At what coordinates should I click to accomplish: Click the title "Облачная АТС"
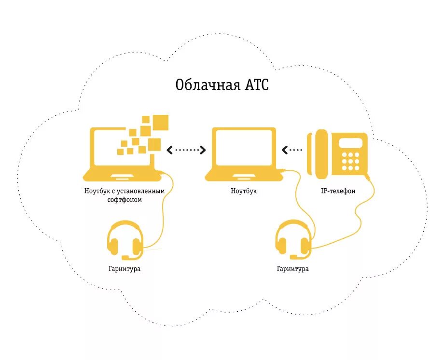pos(222,85)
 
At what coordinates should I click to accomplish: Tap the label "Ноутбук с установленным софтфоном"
pos(125,195)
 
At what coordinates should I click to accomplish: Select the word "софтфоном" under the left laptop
pos(125,199)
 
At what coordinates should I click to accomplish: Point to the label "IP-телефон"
pos(338,191)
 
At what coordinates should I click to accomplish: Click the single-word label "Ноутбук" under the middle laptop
pos(244,191)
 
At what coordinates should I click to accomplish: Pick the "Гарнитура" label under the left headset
pos(125,269)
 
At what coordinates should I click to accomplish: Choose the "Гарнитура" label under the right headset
pos(292,269)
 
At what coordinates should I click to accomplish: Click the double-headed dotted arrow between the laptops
pos(187,150)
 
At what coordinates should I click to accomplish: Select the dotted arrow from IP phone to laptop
pos(293,150)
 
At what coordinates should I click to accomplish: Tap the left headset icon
pos(125,240)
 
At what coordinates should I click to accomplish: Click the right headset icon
pos(293,240)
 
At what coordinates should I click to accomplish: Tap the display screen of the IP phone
pos(350,143)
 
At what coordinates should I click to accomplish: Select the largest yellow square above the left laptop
pos(161,123)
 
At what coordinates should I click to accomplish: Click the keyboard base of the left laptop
pos(123,175)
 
